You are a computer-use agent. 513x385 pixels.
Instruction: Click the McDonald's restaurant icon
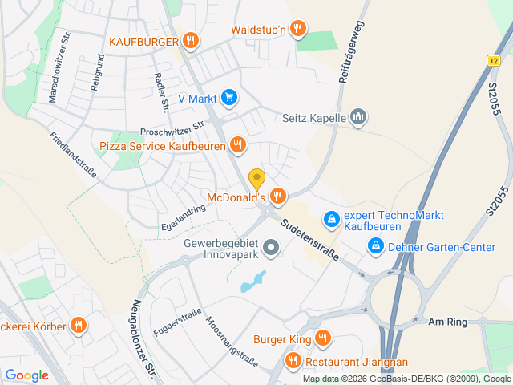[x=278, y=196]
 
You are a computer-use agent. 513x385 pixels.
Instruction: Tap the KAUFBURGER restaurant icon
[x=190, y=39]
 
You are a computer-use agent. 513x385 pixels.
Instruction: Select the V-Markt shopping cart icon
[x=229, y=98]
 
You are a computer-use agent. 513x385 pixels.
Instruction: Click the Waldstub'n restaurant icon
[x=298, y=30]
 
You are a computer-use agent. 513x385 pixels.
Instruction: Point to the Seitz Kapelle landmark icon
[x=358, y=117]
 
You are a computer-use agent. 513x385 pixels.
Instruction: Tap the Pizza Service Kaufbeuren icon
[x=237, y=145]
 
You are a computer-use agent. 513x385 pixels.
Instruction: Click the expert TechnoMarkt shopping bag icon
[x=330, y=217]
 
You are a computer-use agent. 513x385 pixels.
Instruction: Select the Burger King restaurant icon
[x=322, y=338]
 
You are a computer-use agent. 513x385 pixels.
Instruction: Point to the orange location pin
[x=256, y=178]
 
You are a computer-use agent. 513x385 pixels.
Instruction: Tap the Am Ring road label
[x=447, y=321]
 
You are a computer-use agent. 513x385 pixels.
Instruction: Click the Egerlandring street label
[x=183, y=217]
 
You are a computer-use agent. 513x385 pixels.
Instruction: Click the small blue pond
[x=252, y=282]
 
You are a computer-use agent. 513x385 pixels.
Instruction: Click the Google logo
[x=26, y=375]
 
